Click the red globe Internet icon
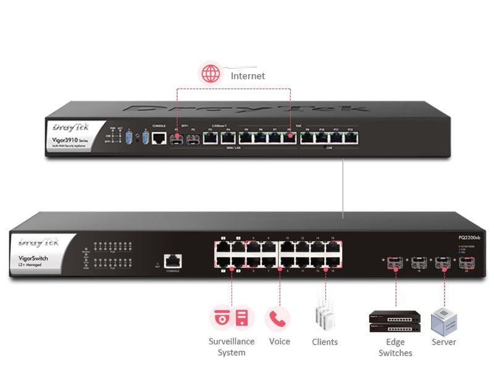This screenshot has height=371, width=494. click(211, 74)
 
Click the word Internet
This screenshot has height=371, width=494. click(248, 75)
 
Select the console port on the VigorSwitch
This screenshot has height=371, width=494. click(173, 261)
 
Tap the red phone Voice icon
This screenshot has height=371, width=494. click(278, 318)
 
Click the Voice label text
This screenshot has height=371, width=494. click(279, 342)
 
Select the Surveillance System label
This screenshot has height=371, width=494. click(232, 347)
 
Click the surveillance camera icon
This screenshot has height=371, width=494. click(221, 318)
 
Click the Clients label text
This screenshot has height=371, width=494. click(325, 342)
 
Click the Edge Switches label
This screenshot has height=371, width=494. click(395, 348)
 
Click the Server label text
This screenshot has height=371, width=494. click(443, 342)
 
